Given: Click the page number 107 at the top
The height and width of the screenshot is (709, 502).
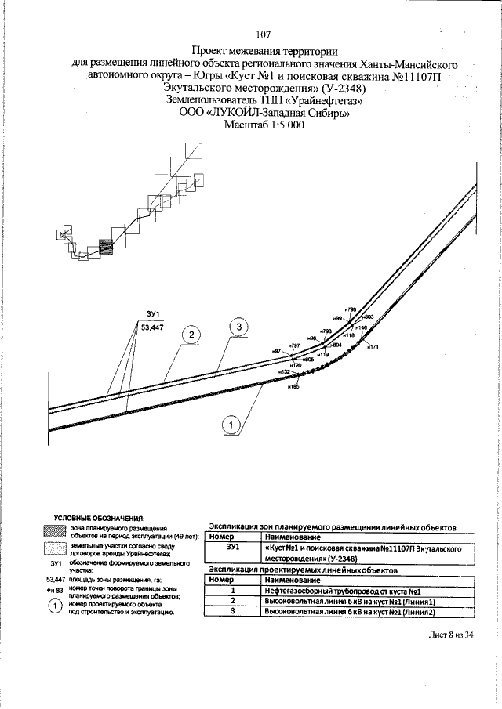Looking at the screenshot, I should tap(263, 34).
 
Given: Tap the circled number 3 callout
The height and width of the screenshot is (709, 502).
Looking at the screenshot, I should tap(238, 325).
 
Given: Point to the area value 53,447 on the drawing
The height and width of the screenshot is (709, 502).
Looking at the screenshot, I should tap(151, 328).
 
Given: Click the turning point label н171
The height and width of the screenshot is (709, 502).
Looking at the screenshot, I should tap(373, 346).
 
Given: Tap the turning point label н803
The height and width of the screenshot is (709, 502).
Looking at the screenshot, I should tap(368, 316).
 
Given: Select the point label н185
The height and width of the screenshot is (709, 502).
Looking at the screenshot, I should tap(294, 386).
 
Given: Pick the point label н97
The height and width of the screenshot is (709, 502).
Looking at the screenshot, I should tap(276, 350).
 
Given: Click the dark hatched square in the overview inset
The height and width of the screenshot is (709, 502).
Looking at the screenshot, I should tap(107, 248).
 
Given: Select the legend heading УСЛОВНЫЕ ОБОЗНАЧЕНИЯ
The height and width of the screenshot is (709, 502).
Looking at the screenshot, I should tap(99, 519).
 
